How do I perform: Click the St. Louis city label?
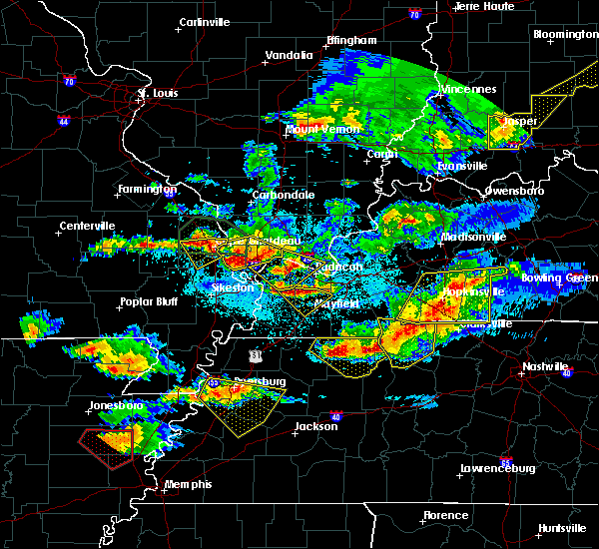coord(157,94)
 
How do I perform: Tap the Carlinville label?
coord(205,22)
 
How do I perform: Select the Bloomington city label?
coord(566,34)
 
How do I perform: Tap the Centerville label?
coord(87,226)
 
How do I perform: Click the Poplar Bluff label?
coord(149,301)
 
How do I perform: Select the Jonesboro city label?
coord(113,406)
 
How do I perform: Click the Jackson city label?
coord(315,426)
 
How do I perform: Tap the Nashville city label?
coord(545,366)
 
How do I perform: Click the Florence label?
coord(444,515)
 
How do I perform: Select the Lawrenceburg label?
coord(498,468)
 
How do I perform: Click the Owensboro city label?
coord(514,190)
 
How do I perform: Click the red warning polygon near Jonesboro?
coord(104,445)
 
